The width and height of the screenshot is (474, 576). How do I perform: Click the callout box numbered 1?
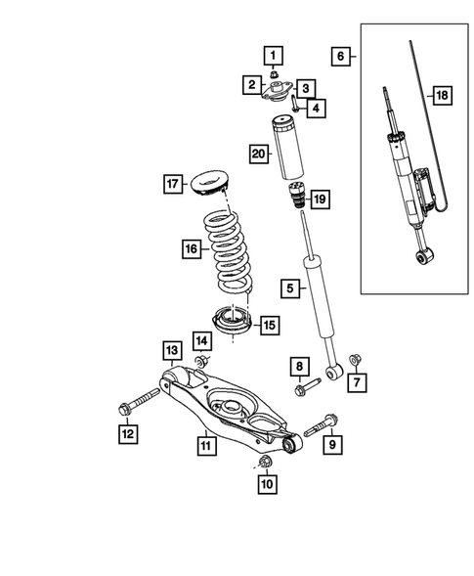point(275,56)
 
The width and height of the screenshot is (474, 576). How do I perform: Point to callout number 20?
point(258,153)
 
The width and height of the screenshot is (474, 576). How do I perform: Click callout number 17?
point(172,183)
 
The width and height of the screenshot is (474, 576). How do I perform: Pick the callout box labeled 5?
point(289,288)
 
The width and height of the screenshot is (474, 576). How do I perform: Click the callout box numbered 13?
point(170,351)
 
